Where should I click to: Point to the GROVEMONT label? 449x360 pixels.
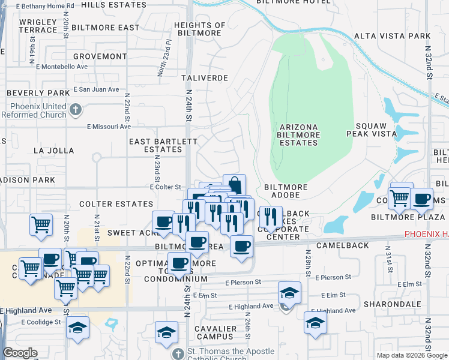tap(98, 56)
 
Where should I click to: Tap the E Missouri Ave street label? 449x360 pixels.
tap(109, 127)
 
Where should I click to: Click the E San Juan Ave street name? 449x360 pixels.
tap(96, 89)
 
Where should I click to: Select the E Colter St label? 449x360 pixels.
tap(165, 187)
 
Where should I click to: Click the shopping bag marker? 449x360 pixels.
tap(234, 184)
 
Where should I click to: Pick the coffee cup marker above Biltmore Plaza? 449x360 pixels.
tap(422, 199)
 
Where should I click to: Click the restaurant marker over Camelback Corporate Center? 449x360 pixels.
tap(271, 217)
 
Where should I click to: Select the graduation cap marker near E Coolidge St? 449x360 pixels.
tap(78, 328)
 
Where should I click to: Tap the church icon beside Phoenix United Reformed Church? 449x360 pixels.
tap(75, 110)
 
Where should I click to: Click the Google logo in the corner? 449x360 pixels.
tap(20, 353)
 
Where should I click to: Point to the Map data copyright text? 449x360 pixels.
tap(411, 355)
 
